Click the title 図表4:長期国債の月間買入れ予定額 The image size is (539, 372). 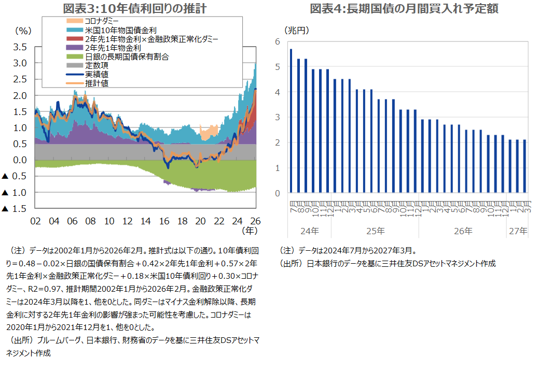click(404, 8)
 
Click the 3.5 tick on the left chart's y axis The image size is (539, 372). click(20, 47)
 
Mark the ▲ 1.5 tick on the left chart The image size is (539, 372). click(15, 209)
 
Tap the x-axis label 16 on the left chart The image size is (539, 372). click(164, 221)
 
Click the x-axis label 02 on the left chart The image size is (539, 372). click(35, 221)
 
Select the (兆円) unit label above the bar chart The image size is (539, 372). click(297, 30)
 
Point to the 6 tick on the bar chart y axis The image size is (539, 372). click(278, 41)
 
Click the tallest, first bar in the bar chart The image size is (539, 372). click(291, 121)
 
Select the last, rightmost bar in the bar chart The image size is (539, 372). click(524, 166)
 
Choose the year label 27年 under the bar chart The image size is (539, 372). click(517, 231)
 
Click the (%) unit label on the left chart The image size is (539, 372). click(24, 31)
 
